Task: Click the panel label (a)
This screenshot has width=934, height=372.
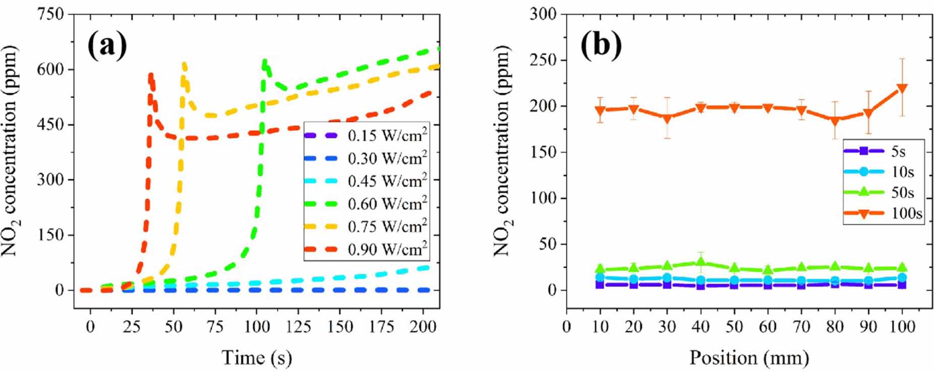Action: [107, 45]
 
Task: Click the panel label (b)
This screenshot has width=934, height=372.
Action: [601, 45]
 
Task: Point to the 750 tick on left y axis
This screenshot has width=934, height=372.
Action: [50, 14]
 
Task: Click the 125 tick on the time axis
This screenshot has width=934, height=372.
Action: [298, 327]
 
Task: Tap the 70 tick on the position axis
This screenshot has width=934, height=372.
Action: [801, 327]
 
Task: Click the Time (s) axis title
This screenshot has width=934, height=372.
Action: [256, 358]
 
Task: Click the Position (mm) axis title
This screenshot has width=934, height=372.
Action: [749, 358]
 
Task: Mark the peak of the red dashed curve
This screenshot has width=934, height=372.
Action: [150, 75]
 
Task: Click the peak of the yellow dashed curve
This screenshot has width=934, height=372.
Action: [184, 64]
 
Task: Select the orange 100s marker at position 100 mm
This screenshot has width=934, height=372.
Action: [901, 89]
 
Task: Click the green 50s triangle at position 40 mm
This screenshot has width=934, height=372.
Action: [700, 262]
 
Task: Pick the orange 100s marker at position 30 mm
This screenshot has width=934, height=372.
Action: [667, 118]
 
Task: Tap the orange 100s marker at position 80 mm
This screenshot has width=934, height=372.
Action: [835, 120]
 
